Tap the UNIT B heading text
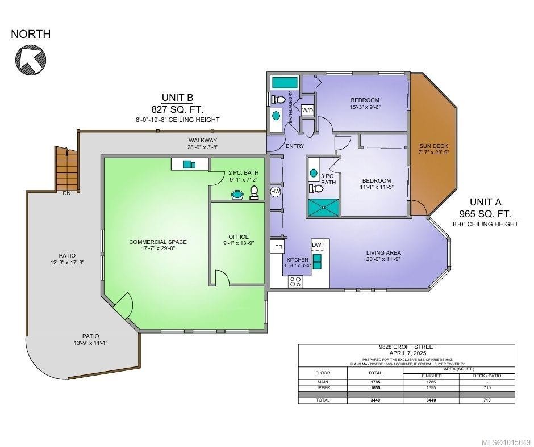177,98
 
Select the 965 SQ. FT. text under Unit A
485,214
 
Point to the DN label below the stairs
66,193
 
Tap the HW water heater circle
276,192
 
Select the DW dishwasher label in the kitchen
316,244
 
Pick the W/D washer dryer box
307,110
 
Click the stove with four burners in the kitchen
295,281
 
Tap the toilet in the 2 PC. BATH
254,192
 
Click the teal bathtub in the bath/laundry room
285,83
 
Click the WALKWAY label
203,141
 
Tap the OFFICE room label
239,237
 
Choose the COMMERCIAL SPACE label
157,242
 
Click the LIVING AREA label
383,252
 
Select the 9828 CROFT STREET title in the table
407,347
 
